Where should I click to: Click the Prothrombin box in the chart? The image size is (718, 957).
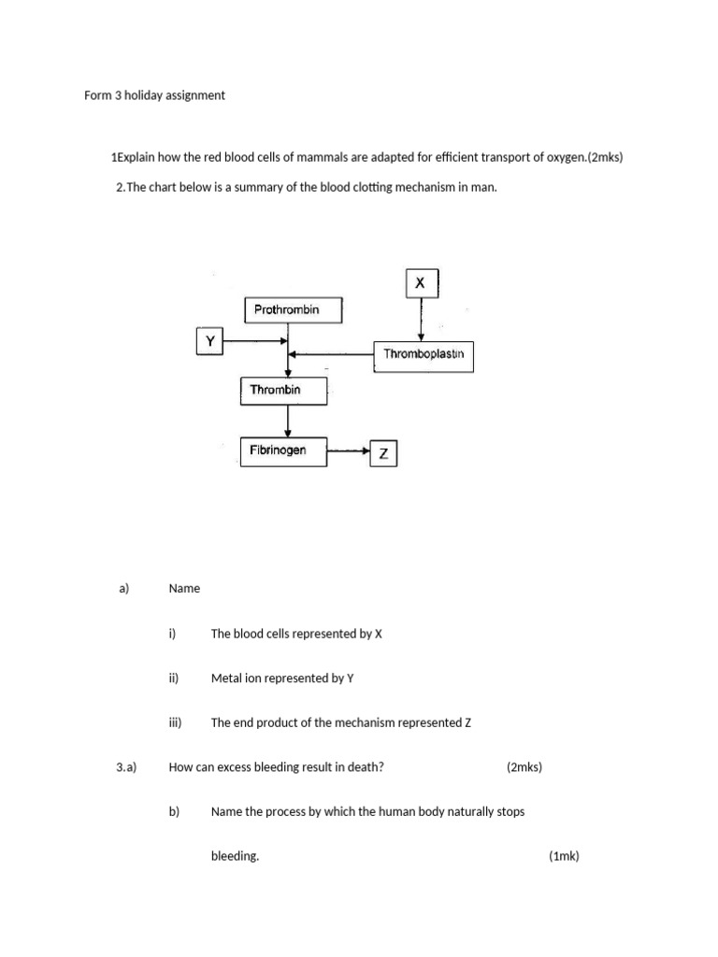[x=294, y=310]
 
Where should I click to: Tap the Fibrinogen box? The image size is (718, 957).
[x=284, y=451]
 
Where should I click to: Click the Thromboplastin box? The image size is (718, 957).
[x=424, y=355]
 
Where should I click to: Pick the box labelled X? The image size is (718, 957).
[x=421, y=282]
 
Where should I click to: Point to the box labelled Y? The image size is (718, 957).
[x=210, y=341]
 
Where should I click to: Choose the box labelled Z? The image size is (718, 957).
[x=383, y=454]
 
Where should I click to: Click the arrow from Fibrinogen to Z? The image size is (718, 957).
[x=350, y=451]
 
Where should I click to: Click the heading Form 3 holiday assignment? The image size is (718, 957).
[x=154, y=95]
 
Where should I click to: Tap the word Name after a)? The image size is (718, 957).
[x=184, y=588]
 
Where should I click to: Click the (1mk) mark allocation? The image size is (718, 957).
[x=564, y=856]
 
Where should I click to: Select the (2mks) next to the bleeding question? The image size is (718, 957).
[x=524, y=767]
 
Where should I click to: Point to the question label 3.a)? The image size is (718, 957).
[x=126, y=767]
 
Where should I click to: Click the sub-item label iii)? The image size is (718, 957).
[x=174, y=722]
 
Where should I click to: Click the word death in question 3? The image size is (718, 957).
[x=365, y=767]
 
